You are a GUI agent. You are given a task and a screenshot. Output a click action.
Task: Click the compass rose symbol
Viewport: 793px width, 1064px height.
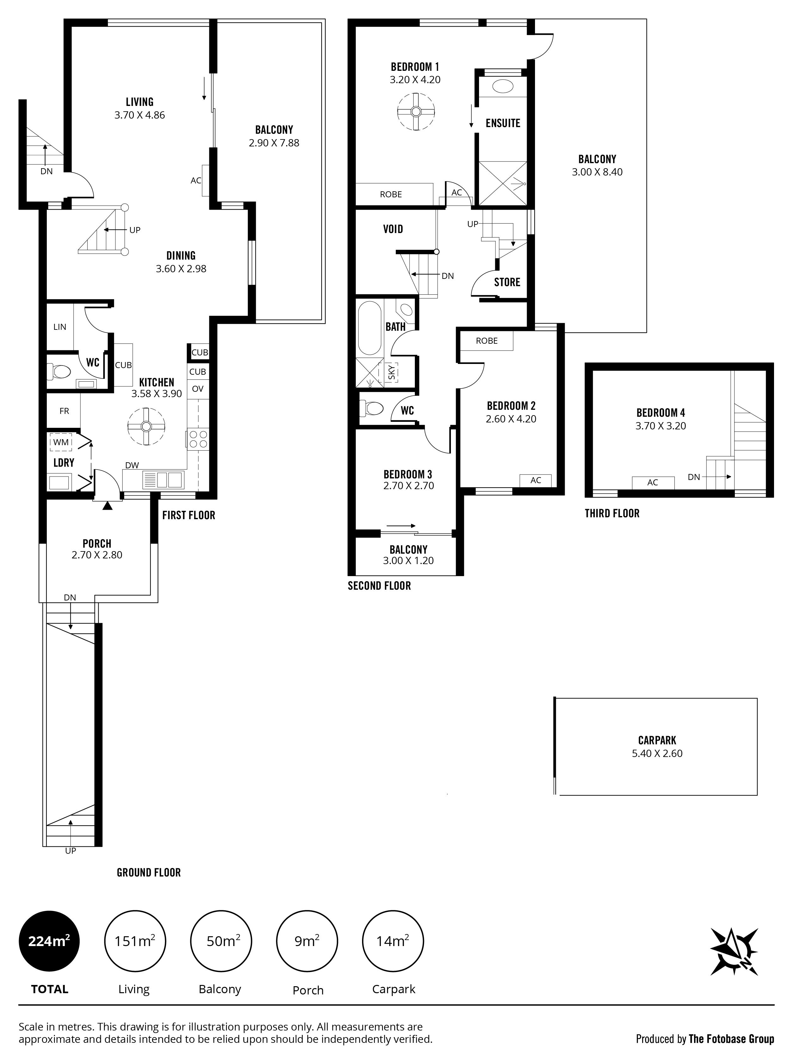[735, 951]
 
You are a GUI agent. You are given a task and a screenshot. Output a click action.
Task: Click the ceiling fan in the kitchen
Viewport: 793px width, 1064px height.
[146, 426]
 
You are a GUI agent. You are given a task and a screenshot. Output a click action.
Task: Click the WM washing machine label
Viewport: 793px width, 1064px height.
[61, 442]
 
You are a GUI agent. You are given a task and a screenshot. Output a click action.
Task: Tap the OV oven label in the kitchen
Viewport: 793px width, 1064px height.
[198, 389]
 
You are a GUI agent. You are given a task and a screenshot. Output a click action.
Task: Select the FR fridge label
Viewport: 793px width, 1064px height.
[64, 411]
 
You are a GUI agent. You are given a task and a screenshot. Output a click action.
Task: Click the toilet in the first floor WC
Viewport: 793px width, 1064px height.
[58, 371]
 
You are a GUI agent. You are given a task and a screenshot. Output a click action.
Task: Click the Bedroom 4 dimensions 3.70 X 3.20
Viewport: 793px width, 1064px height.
[661, 426]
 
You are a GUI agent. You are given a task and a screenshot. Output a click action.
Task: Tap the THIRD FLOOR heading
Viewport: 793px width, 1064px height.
[612, 514]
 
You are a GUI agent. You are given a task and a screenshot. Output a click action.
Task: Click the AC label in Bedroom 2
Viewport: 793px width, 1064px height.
[536, 480]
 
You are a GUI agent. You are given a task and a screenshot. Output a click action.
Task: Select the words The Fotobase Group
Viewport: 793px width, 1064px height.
[731, 1039]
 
